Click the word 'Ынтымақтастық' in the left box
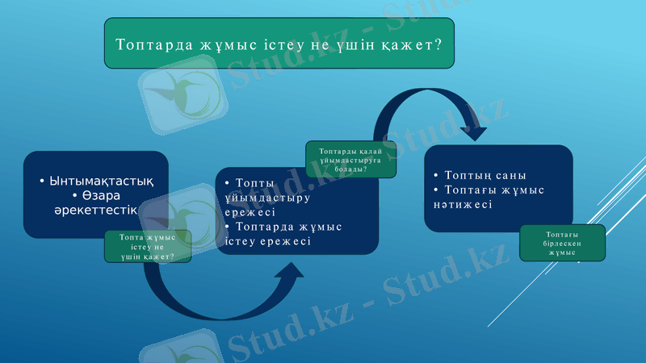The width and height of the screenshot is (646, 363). (97, 181)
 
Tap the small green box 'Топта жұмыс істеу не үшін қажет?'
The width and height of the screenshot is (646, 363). (148, 246)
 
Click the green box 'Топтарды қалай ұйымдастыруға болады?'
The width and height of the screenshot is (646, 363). (350, 160)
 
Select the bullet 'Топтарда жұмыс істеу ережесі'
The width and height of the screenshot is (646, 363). (283, 234)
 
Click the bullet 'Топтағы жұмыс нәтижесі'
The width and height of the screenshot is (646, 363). (488, 197)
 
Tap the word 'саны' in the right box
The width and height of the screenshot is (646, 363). (509, 175)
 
